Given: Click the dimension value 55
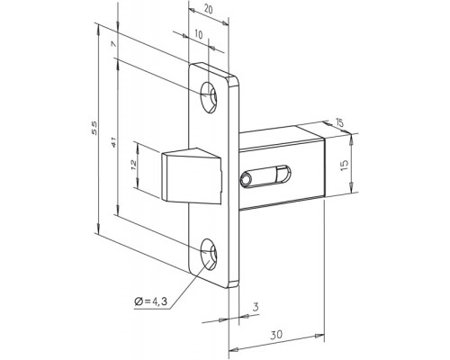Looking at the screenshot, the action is [94, 128].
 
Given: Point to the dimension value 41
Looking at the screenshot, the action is [113, 142].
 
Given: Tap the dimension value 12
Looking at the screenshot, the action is [133, 165].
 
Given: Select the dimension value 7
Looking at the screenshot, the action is [113, 44].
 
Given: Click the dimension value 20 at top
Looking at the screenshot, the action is [208, 10].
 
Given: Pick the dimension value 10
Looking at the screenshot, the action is [199, 34].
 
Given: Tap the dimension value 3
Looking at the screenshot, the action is [256, 307].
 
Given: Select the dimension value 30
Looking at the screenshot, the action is [276, 334].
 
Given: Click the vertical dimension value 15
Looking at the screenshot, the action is [345, 166].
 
